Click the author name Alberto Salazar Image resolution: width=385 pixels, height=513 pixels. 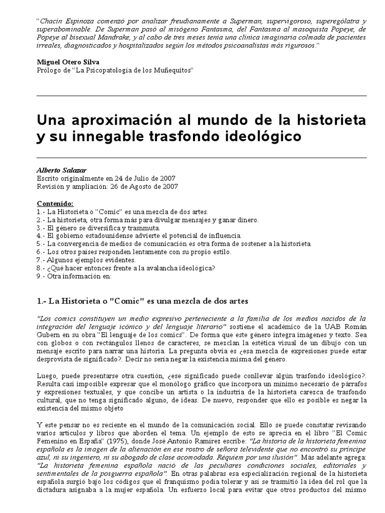coord(59,170)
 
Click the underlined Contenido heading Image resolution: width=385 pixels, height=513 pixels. coord(55,204)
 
